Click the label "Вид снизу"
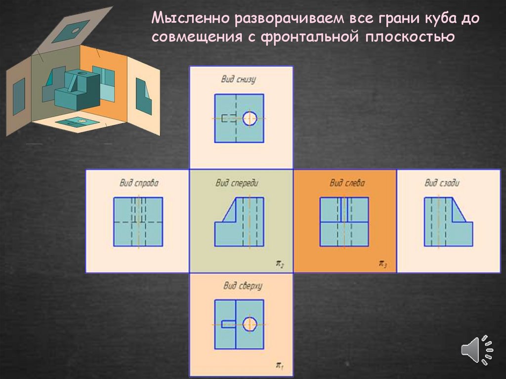click(x=238, y=79)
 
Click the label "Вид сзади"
click(x=442, y=183)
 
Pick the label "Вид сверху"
click(x=239, y=286)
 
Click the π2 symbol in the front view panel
click(x=279, y=265)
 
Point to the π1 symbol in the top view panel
click(x=279, y=366)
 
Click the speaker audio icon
click(x=477, y=350)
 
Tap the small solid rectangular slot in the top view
click(x=228, y=324)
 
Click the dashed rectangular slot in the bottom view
click(x=228, y=118)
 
